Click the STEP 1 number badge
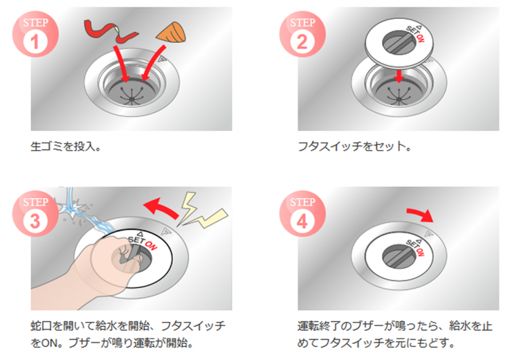35,33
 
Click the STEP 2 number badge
302,33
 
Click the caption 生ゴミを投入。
66,146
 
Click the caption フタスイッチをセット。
355,146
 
